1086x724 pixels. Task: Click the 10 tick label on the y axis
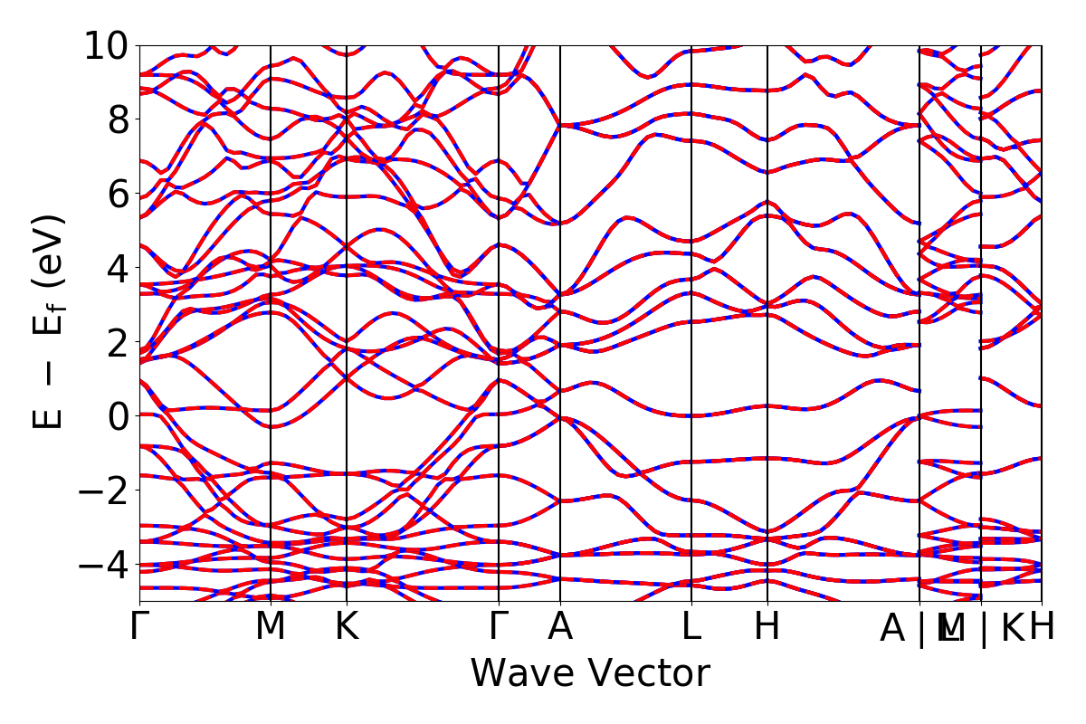tap(107, 45)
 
